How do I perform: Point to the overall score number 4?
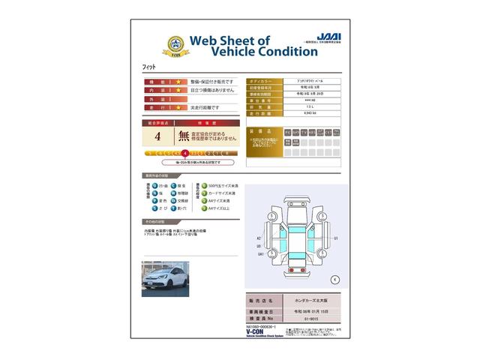(x=157, y=136)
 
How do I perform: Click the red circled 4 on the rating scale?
(x=185, y=153)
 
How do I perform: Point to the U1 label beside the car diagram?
(x=337, y=238)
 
